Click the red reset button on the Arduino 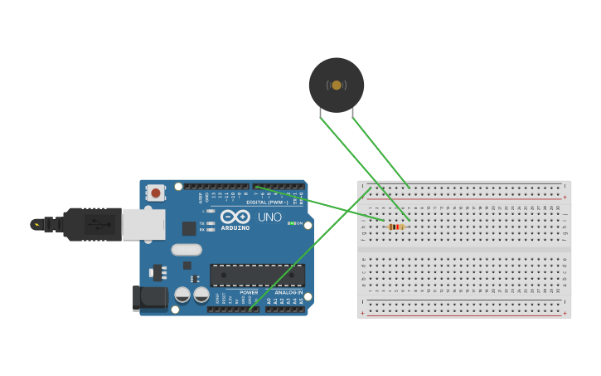pyautogui.click(x=155, y=193)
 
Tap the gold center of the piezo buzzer pyautogui.click(x=336, y=85)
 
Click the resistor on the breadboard pyautogui.click(x=397, y=226)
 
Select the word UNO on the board pyautogui.click(x=269, y=217)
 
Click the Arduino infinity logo pyautogui.click(x=235, y=217)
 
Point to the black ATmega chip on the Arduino pyautogui.click(x=257, y=275)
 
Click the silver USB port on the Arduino pyautogui.click(x=143, y=224)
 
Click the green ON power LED pyautogui.click(x=289, y=223)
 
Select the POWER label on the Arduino pyautogui.click(x=249, y=292)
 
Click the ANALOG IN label pyautogui.click(x=288, y=292)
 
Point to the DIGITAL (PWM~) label pyautogui.click(x=267, y=202)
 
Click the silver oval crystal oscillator pyautogui.click(x=187, y=249)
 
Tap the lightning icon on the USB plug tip pyautogui.click(x=36, y=224)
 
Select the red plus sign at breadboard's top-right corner pyautogui.click(x=565, y=198)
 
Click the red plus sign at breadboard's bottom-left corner pyautogui.click(x=363, y=314)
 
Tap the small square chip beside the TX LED pyautogui.click(x=189, y=227)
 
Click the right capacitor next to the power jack pyautogui.click(x=201, y=295)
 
